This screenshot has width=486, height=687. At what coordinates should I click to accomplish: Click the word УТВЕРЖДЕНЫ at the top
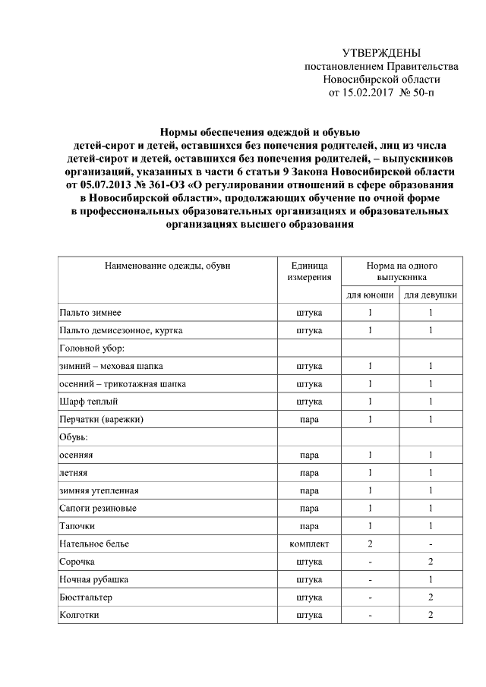pyautogui.click(x=381, y=53)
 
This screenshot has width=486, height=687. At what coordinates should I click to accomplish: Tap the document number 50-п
pyautogui.click(x=423, y=93)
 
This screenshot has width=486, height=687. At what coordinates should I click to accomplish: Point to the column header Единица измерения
pyautogui.click(x=309, y=272)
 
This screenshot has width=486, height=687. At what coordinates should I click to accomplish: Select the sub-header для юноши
pyautogui.click(x=370, y=294)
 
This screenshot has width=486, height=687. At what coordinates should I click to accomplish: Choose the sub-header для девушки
pyautogui.click(x=430, y=294)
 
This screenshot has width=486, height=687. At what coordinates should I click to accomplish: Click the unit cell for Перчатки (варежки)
pyautogui.click(x=309, y=419)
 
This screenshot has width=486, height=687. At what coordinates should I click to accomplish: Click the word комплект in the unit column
pyautogui.click(x=309, y=544)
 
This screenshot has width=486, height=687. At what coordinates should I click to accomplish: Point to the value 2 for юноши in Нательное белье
pyautogui.click(x=370, y=544)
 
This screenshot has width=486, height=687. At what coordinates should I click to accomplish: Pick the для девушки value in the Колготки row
pyautogui.click(x=430, y=614)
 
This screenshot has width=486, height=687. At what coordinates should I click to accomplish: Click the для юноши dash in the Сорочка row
pyautogui.click(x=370, y=561)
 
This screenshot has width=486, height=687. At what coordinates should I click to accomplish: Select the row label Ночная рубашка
pyautogui.click(x=93, y=579)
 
